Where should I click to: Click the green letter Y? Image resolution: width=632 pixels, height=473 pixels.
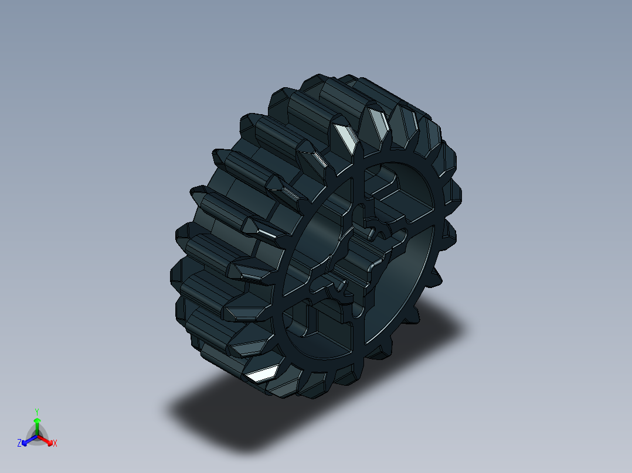coord(36,411)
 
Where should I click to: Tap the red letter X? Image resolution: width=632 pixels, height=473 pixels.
coord(55,444)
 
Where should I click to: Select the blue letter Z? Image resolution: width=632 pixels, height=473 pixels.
coord(19,444)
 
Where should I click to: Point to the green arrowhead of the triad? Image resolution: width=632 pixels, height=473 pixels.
coord(36,420)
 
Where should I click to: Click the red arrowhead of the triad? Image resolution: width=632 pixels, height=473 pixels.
coord(49,441)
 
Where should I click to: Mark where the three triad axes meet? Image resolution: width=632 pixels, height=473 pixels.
coord(37,435)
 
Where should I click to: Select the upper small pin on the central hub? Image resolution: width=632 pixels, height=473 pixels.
coord(372,234)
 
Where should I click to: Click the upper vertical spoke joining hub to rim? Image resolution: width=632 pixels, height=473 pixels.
coord(359,187)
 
